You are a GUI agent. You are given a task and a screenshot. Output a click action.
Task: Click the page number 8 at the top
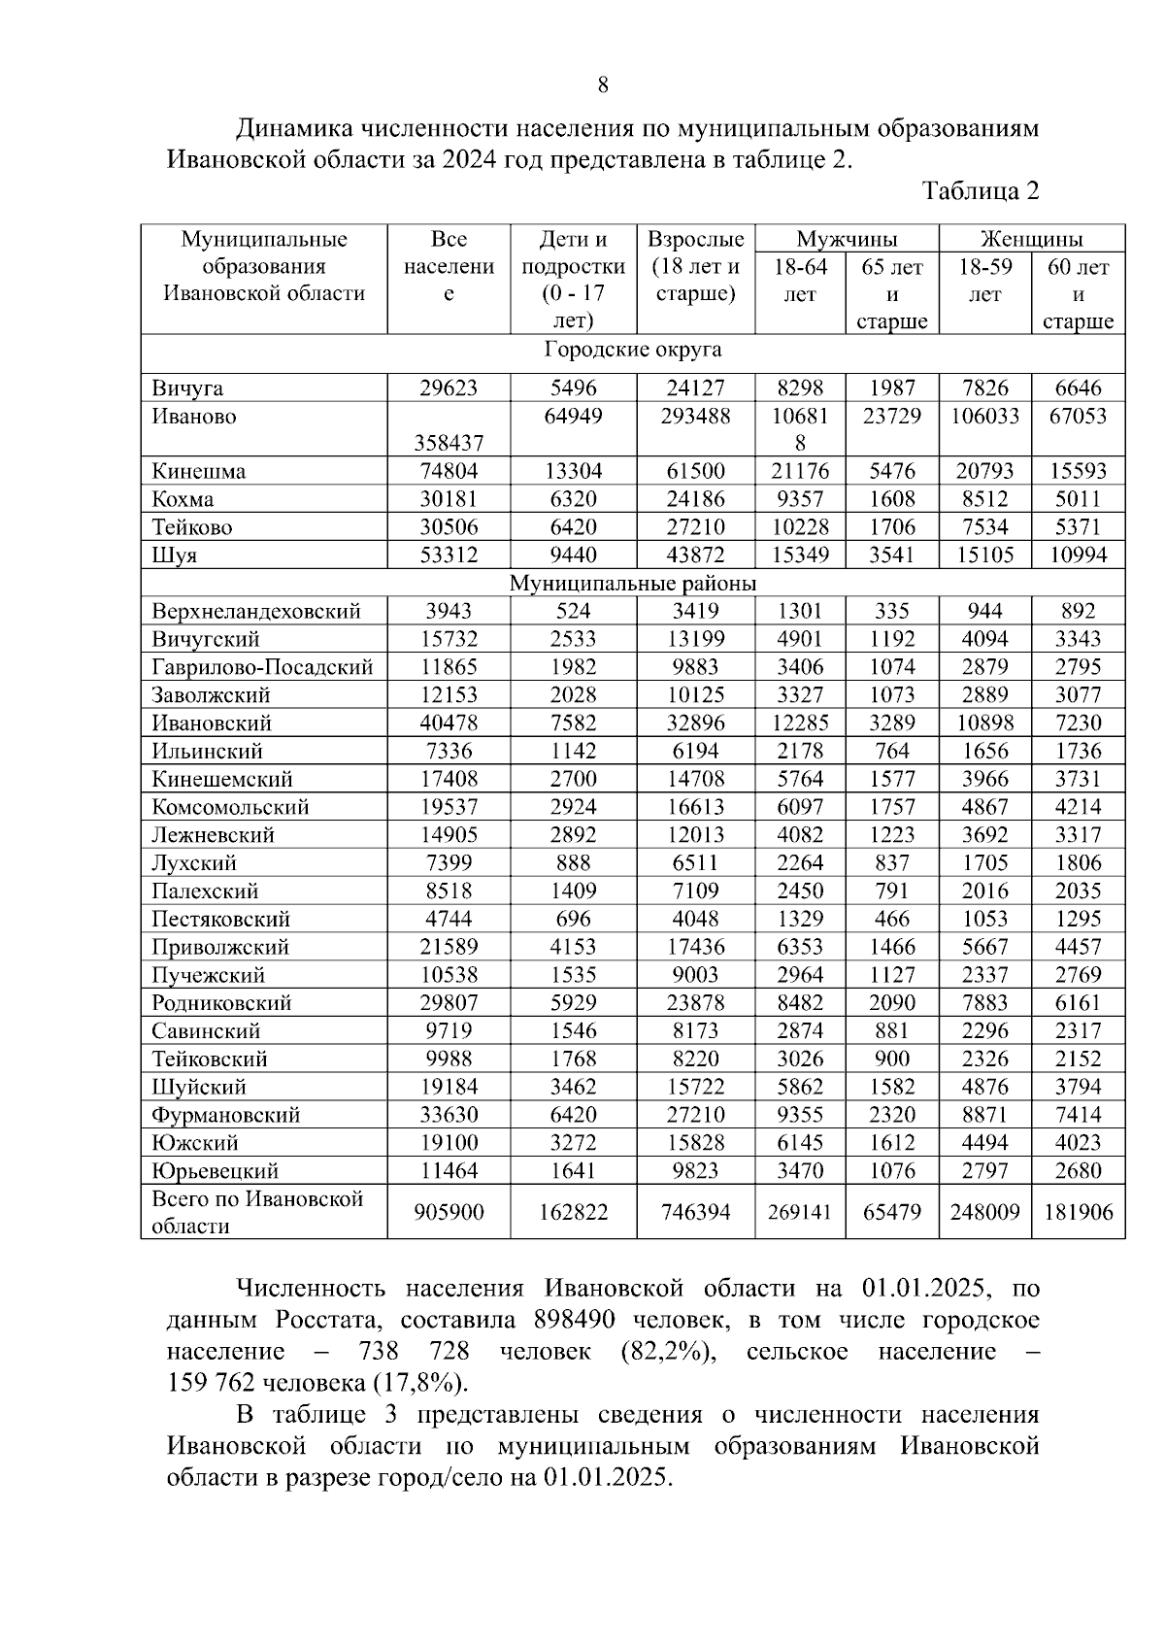(602, 85)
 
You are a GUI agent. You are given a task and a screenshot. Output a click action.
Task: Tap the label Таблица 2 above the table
(981, 190)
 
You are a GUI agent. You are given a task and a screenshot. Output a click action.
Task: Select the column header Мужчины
(847, 239)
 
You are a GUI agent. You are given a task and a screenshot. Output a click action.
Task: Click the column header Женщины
(1031, 239)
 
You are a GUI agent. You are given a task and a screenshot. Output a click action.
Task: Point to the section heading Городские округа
(632, 350)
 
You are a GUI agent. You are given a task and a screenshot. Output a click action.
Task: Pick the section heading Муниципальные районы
(632, 584)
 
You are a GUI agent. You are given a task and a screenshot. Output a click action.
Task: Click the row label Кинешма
(198, 472)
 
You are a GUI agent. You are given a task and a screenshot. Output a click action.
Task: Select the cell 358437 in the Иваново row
(448, 444)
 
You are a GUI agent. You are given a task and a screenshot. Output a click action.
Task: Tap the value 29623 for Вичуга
(448, 388)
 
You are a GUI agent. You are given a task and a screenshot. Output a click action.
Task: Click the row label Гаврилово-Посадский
(262, 667)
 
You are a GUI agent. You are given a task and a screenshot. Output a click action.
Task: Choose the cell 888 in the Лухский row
(573, 863)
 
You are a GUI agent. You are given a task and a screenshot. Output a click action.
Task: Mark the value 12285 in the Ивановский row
(800, 723)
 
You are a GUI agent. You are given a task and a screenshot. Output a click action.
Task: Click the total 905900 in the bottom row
(448, 1212)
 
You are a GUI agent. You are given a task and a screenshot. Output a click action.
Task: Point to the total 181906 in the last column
(1078, 1212)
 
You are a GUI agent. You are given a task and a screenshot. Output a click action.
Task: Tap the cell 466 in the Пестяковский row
(891, 920)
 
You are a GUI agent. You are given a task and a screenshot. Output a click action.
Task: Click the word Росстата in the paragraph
(328, 1321)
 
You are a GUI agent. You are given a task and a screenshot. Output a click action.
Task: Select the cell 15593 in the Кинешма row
(1078, 472)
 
